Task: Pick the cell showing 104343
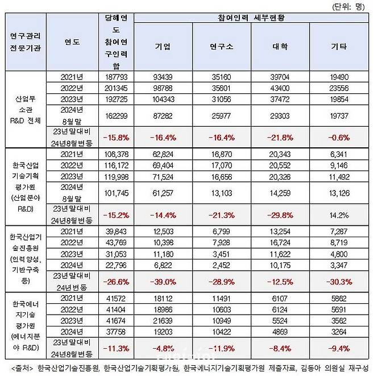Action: click(162, 99)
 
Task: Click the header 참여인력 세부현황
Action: click(250, 18)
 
